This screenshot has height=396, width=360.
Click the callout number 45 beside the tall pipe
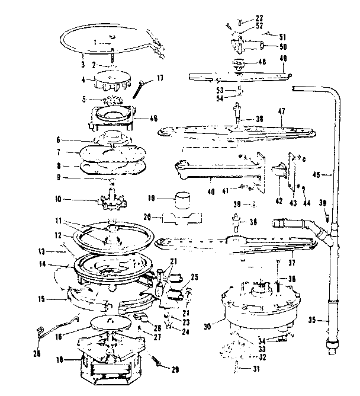pos(316,175)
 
